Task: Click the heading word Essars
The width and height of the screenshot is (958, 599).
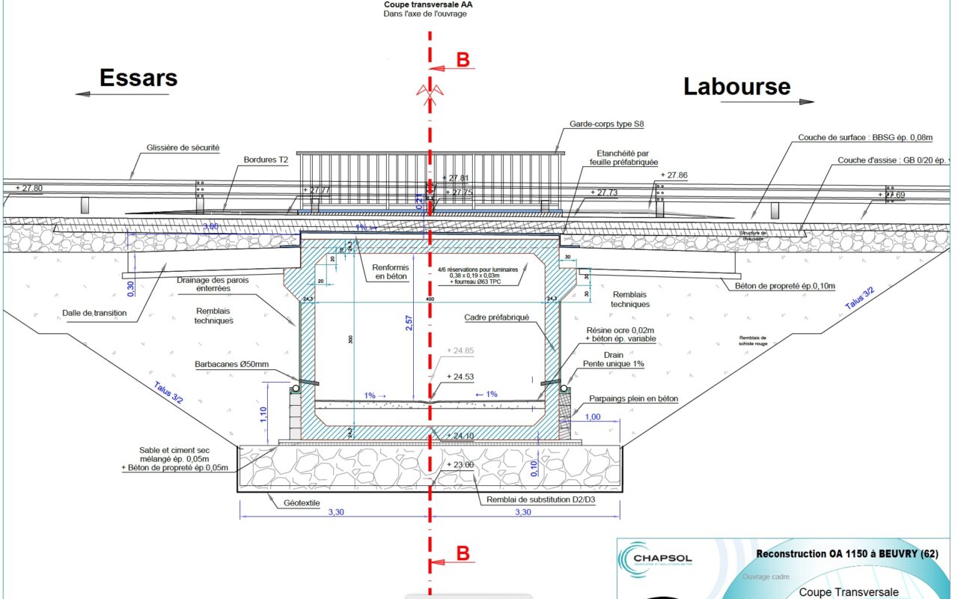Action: click(x=138, y=78)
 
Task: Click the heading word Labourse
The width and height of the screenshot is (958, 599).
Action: click(x=736, y=87)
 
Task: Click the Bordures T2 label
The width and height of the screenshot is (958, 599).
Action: click(x=266, y=159)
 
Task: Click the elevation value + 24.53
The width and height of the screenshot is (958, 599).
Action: click(x=462, y=377)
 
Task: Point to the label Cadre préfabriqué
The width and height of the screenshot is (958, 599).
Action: click(x=496, y=317)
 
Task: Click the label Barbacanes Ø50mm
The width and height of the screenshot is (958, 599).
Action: click(x=230, y=365)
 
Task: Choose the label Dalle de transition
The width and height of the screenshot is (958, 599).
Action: click(x=95, y=313)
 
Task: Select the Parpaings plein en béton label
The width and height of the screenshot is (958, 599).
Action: click(x=633, y=399)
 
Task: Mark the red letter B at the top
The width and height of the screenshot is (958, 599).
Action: click(x=463, y=61)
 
